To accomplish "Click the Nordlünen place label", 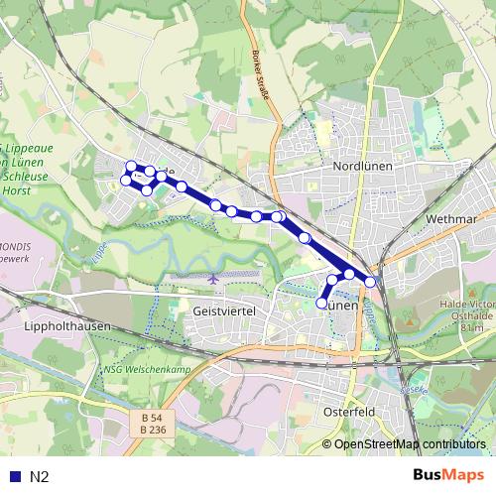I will point(364,167).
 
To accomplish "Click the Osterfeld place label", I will point(348,409).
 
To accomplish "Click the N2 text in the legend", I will point(40,476).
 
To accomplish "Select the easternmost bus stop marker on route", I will point(371,282).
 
